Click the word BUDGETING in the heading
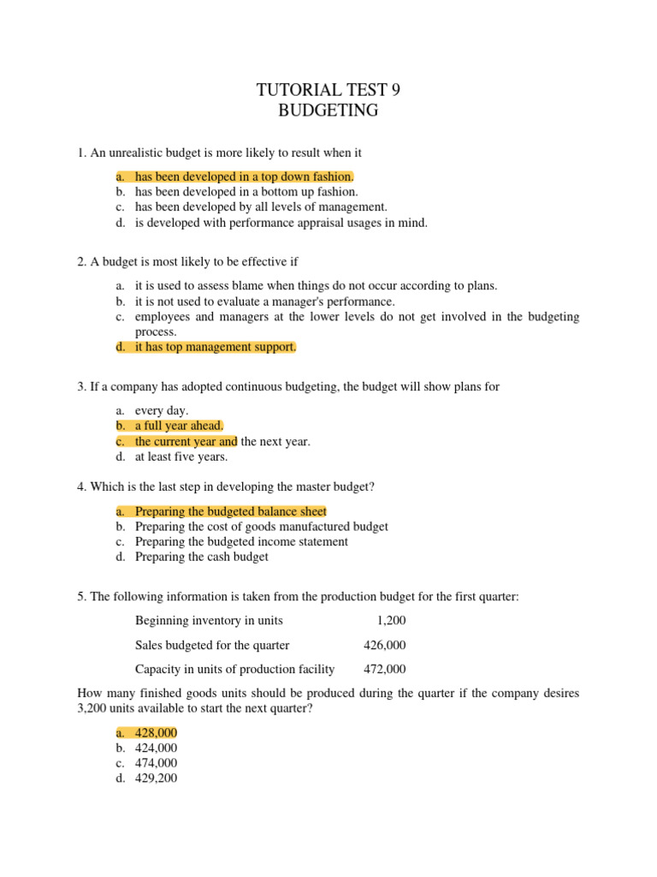[x=328, y=110]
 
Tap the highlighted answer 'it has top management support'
[x=216, y=347]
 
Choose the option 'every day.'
[x=162, y=410]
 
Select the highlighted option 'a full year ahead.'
[x=179, y=426]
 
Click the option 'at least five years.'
[x=181, y=456]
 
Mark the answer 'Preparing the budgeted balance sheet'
[x=231, y=511]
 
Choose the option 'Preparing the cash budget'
[x=202, y=557]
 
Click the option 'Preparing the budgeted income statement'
[x=241, y=541]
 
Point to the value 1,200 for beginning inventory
[x=390, y=620]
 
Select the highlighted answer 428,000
[x=157, y=732]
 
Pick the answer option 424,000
[x=157, y=748]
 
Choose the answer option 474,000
[x=157, y=763]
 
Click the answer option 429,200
[x=157, y=779]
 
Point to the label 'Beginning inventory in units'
[x=209, y=620]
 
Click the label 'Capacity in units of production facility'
[x=235, y=669]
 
